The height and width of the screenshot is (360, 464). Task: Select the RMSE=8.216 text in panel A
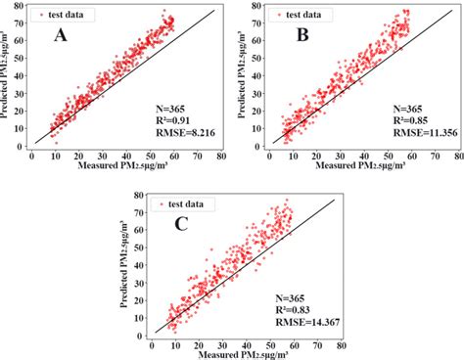pos(175,128)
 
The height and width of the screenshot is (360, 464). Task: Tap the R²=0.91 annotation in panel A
pos(167,115)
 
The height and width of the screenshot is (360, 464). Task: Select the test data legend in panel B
pos(298,16)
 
